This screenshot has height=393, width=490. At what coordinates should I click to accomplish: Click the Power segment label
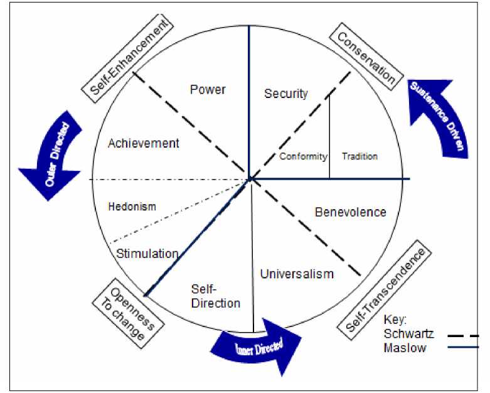tap(208, 90)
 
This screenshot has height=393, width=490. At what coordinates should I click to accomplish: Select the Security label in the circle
tap(286, 94)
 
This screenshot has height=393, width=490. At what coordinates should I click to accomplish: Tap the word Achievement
tap(143, 144)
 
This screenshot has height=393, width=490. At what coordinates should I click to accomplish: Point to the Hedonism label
tap(132, 207)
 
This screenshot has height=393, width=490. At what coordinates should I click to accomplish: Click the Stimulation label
tap(147, 254)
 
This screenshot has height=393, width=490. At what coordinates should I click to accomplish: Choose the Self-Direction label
tap(215, 296)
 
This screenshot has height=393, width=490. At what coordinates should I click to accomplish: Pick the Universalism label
tap(297, 274)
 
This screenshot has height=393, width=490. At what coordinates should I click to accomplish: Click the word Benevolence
tap(350, 212)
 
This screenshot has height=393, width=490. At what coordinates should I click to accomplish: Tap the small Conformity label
tap(303, 156)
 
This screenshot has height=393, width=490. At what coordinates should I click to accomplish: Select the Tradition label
tap(360, 156)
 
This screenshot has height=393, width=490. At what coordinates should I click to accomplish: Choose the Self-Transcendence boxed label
tap(385, 289)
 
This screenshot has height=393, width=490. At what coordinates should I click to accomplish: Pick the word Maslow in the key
tap(405, 347)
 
